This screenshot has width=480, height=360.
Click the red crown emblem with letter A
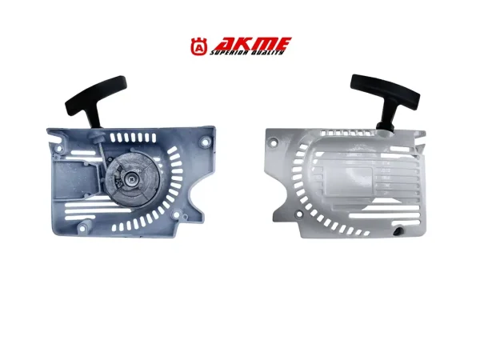[x=199, y=46]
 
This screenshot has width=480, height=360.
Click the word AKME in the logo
[x=252, y=44]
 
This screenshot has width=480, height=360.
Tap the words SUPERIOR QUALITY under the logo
[x=246, y=53]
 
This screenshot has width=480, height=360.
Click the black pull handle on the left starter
[x=95, y=97]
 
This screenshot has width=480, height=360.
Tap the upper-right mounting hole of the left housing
[x=205, y=142]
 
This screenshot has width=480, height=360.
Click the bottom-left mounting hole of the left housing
[x=82, y=228]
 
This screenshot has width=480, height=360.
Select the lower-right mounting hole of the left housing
[x=176, y=214]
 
